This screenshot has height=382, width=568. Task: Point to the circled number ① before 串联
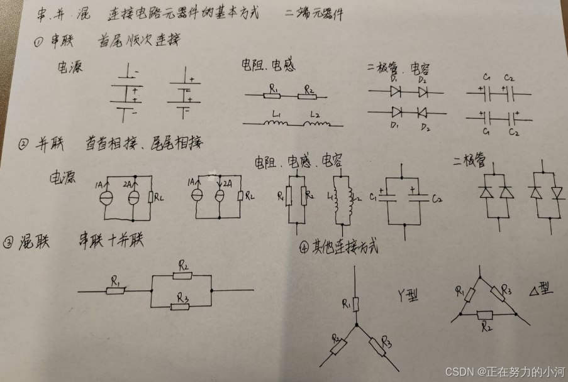38,43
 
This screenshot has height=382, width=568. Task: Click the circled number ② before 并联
23,145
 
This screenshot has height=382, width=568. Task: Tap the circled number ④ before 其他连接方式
304,248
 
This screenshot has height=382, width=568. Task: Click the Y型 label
408,293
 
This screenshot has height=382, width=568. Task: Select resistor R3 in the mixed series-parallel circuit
182,307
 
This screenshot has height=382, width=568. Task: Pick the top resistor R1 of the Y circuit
356,305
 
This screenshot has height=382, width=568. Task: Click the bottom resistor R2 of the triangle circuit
485,315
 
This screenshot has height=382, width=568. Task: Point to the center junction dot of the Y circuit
357,325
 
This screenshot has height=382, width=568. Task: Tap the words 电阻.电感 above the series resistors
269,65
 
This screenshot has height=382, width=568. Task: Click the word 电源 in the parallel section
63,178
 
